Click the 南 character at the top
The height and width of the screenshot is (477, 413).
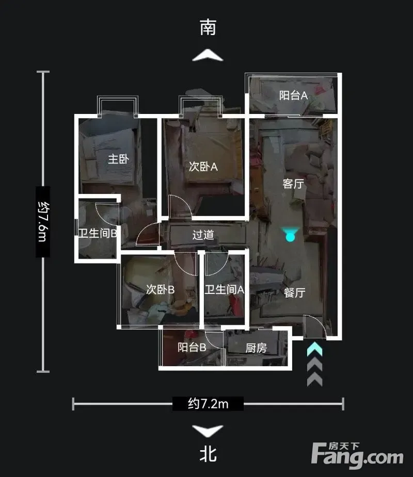(208, 27)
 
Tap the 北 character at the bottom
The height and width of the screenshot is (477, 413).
(208, 454)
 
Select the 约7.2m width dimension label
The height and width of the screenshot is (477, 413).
(208, 404)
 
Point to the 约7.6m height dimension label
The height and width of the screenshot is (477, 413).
(43, 221)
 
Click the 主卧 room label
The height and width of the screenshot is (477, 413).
(118, 159)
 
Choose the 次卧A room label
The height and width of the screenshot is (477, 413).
(203, 167)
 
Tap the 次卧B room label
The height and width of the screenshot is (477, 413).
(160, 289)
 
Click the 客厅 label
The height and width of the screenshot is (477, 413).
(293, 184)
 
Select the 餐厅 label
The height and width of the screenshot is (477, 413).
(295, 292)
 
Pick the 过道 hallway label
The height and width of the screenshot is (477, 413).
(203, 235)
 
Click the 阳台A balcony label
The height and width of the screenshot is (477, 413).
(293, 95)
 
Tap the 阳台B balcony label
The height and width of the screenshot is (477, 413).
(192, 347)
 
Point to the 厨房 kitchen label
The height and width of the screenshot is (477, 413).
(256, 348)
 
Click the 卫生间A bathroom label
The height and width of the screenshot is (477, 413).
(225, 289)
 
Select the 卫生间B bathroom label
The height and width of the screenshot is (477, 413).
(98, 233)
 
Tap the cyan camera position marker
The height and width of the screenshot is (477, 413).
(290, 235)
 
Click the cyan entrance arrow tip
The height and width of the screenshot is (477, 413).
(314, 343)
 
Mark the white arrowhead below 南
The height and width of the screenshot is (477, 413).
(208, 55)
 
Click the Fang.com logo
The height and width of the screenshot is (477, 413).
(357, 455)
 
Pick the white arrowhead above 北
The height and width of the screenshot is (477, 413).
(208, 431)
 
